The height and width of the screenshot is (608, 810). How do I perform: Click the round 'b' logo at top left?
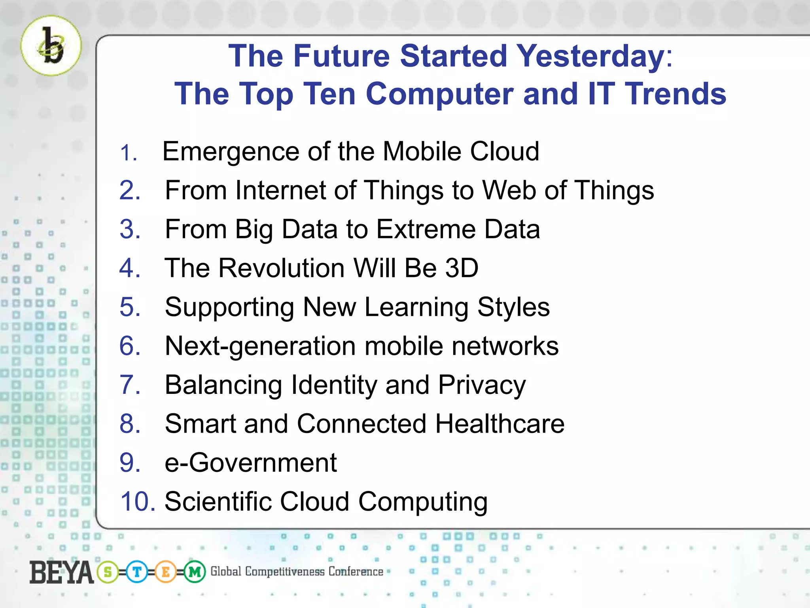[x=51, y=46]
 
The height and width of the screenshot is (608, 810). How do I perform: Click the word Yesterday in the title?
[x=591, y=56]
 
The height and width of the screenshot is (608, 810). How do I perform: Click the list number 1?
[x=128, y=153]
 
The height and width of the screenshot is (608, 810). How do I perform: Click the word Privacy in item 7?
[x=482, y=385]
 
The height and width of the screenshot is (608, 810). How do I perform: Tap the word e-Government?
[x=250, y=463]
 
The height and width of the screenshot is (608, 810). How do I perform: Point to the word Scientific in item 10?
[x=218, y=502]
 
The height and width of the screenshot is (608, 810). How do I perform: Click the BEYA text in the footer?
[x=61, y=572]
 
